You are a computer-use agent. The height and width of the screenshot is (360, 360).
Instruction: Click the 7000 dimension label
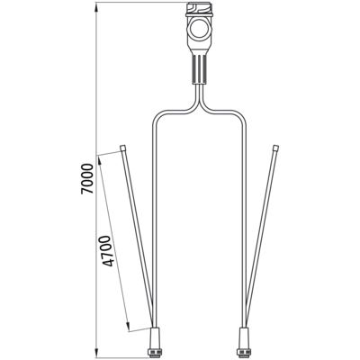pos(86,179)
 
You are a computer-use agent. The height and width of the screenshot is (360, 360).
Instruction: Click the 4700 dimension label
pos(108,252)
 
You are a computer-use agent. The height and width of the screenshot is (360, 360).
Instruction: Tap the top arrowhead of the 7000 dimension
pos(96,6)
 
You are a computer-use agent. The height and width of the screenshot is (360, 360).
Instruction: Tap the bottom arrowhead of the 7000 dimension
pos(96,354)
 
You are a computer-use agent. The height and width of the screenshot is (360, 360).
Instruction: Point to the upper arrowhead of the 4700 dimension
pos(101,160)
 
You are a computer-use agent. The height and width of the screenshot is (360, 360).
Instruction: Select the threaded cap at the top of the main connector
pos(200,10)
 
